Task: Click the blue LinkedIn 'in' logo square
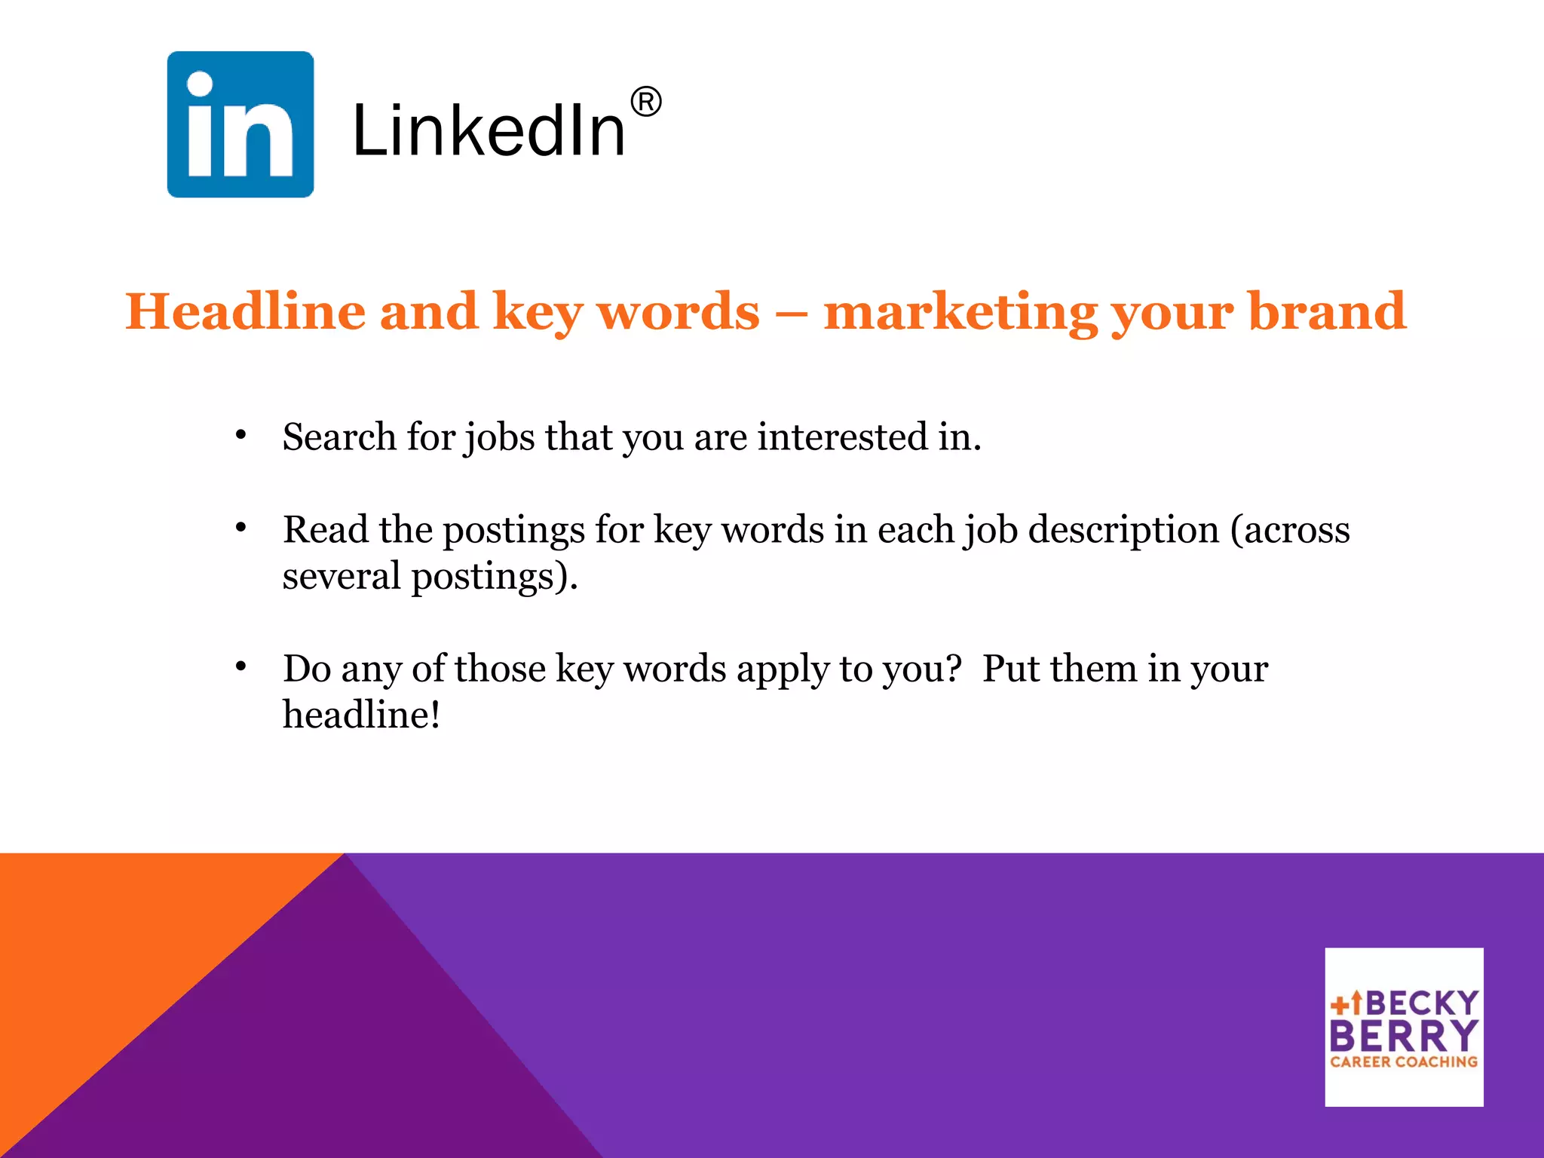[x=240, y=124]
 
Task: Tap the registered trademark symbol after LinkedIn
[x=646, y=102]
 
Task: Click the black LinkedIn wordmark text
[x=489, y=131]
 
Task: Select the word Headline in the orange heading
[x=245, y=311]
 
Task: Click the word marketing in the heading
[x=960, y=312]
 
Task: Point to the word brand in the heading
[x=1327, y=311]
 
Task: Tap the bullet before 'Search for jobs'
[x=240, y=436]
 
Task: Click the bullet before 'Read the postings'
[x=240, y=528]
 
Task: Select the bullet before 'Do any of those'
[x=240, y=666]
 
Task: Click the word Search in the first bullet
[x=339, y=437]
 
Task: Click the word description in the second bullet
[x=1123, y=530]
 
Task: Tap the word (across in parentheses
[x=1290, y=530]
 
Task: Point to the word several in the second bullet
[x=342, y=577]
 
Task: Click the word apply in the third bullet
[x=782, y=669]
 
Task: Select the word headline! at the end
[x=361, y=715]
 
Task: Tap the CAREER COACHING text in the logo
[x=1404, y=1061]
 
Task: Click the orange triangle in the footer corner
[x=113, y=942]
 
